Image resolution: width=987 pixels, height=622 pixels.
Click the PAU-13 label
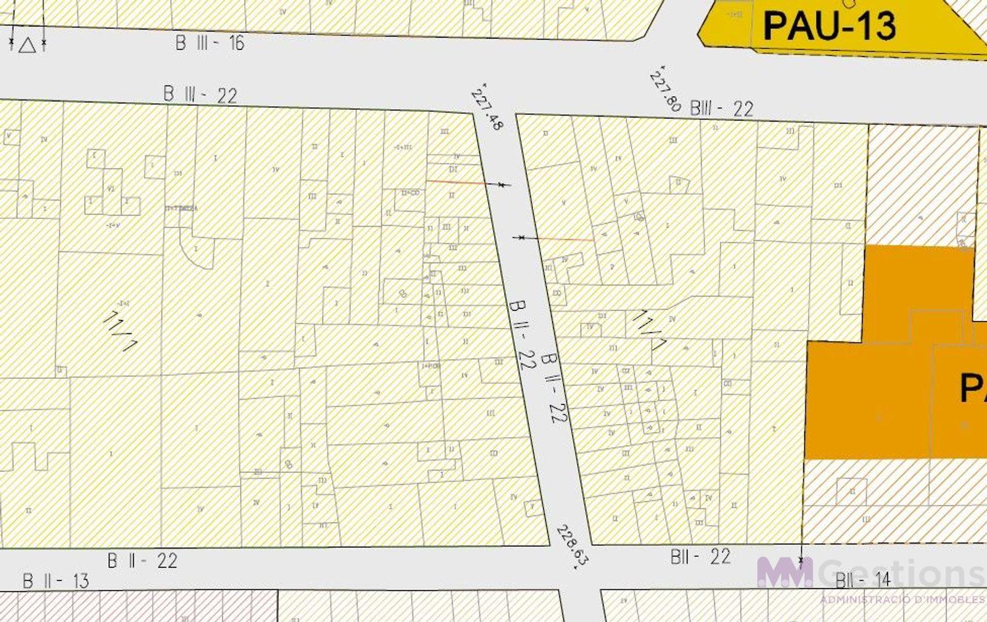tap(829, 26)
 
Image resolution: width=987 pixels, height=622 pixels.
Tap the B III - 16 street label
tap(210, 43)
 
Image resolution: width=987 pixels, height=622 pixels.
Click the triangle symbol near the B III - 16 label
tap(27, 45)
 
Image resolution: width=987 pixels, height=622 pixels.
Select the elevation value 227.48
tap(487, 106)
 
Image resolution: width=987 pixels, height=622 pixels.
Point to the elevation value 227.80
tap(665, 89)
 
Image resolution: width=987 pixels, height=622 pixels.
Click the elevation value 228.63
tap(571, 545)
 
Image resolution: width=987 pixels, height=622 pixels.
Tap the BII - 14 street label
tap(862, 580)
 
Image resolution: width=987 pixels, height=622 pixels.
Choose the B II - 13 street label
tap(56, 581)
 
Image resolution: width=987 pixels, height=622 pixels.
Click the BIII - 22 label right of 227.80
tap(721, 108)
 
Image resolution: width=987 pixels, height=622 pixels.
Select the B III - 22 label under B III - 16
tap(200, 95)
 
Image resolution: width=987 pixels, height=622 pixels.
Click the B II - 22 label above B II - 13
tap(142, 561)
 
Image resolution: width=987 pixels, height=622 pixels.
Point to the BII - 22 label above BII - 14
tap(700, 557)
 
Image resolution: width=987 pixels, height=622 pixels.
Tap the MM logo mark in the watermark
tap(784, 572)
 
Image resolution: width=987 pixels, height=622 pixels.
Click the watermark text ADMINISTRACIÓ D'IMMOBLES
tap(901, 600)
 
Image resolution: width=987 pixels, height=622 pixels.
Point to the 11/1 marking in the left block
tap(120, 329)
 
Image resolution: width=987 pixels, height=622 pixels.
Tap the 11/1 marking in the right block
tap(649, 329)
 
